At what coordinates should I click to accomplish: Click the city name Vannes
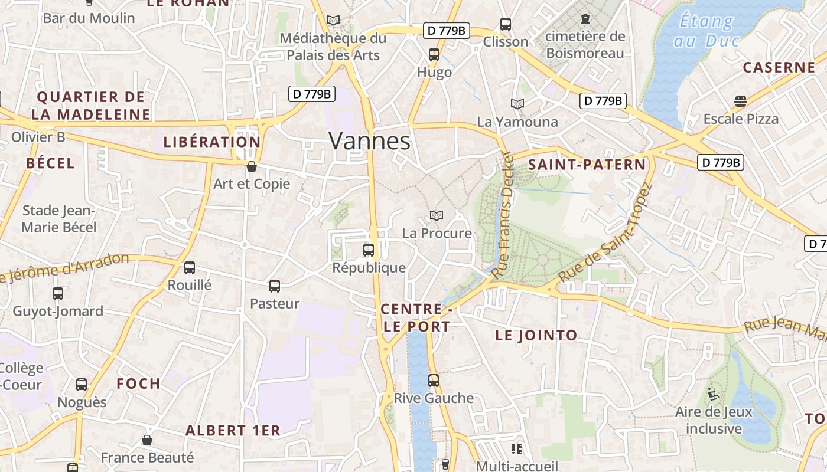pyautogui.click(x=369, y=141)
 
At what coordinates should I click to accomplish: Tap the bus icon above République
pyautogui.click(x=369, y=250)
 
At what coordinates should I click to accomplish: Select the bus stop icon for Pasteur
pyautogui.click(x=275, y=286)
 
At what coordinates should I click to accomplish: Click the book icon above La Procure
pyautogui.click(x=437, y=216)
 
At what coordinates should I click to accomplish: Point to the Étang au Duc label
pyautogui.click(x=706, y=31)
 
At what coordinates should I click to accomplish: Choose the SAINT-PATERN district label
pyautogui.click(x=587, y=165)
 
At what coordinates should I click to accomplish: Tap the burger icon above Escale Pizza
pyautogui.click(x=741, y=101)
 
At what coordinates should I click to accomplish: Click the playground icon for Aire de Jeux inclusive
pyautogui.click(x=714, y=394)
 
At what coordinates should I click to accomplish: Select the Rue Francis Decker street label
pyautogui.click(x=504, y=215)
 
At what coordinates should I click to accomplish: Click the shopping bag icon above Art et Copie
pyautogui.click(x=252, y=166)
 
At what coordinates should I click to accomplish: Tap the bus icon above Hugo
pyautogui.click(x=434, y=55)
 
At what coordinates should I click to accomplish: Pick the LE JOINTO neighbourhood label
pyautogui.click(x=536, y=336)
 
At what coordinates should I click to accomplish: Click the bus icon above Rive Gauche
pyautogui.click(x=434, y=381)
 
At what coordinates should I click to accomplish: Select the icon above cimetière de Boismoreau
pyautogui.click(x=585, y=19)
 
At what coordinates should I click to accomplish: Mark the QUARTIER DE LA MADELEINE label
pyautogui.click(x=91, y=106)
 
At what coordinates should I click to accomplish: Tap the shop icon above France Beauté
pyautogui.click(x=147, y=440)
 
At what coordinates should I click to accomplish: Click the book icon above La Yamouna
pyautogui.click(x=517, y=104)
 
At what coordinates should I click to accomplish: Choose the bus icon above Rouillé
pyautogui.click(x=190, y=268)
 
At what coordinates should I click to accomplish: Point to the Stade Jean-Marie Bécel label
pyautogui.click(x=58, y=219)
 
